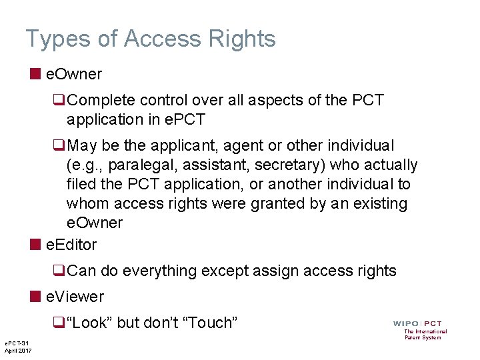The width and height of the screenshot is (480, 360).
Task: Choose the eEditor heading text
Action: [71, 245]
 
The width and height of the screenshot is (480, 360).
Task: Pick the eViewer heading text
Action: [75, 296]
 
